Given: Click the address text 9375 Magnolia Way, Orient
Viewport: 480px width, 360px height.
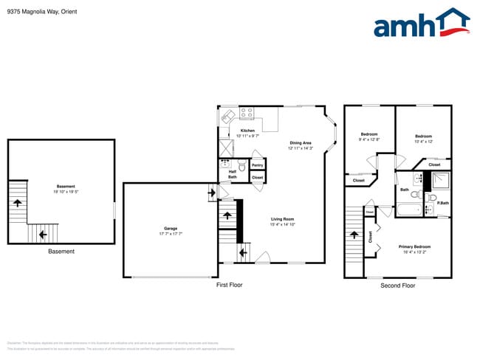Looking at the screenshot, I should click(41, 12).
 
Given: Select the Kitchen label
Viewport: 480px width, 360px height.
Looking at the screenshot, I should click(247, 131).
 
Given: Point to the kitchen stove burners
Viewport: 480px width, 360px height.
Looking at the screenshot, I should click(247, 114).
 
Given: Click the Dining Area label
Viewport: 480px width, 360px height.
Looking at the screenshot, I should click(301, 142).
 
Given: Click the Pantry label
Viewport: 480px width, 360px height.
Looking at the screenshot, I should click(258, 165).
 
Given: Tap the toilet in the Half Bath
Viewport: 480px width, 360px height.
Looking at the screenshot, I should click(225, 165).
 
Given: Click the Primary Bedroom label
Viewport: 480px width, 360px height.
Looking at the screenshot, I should click(415, 246).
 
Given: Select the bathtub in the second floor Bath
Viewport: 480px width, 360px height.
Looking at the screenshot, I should click(408, 210).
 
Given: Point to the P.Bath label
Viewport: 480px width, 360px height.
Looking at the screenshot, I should click(444, 204).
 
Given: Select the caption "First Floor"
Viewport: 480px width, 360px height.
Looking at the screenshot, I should click(229, 285).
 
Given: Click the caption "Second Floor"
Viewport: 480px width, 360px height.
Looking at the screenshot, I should click(397, 285).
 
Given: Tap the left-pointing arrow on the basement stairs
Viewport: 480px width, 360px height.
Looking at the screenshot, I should click(43, 235).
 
